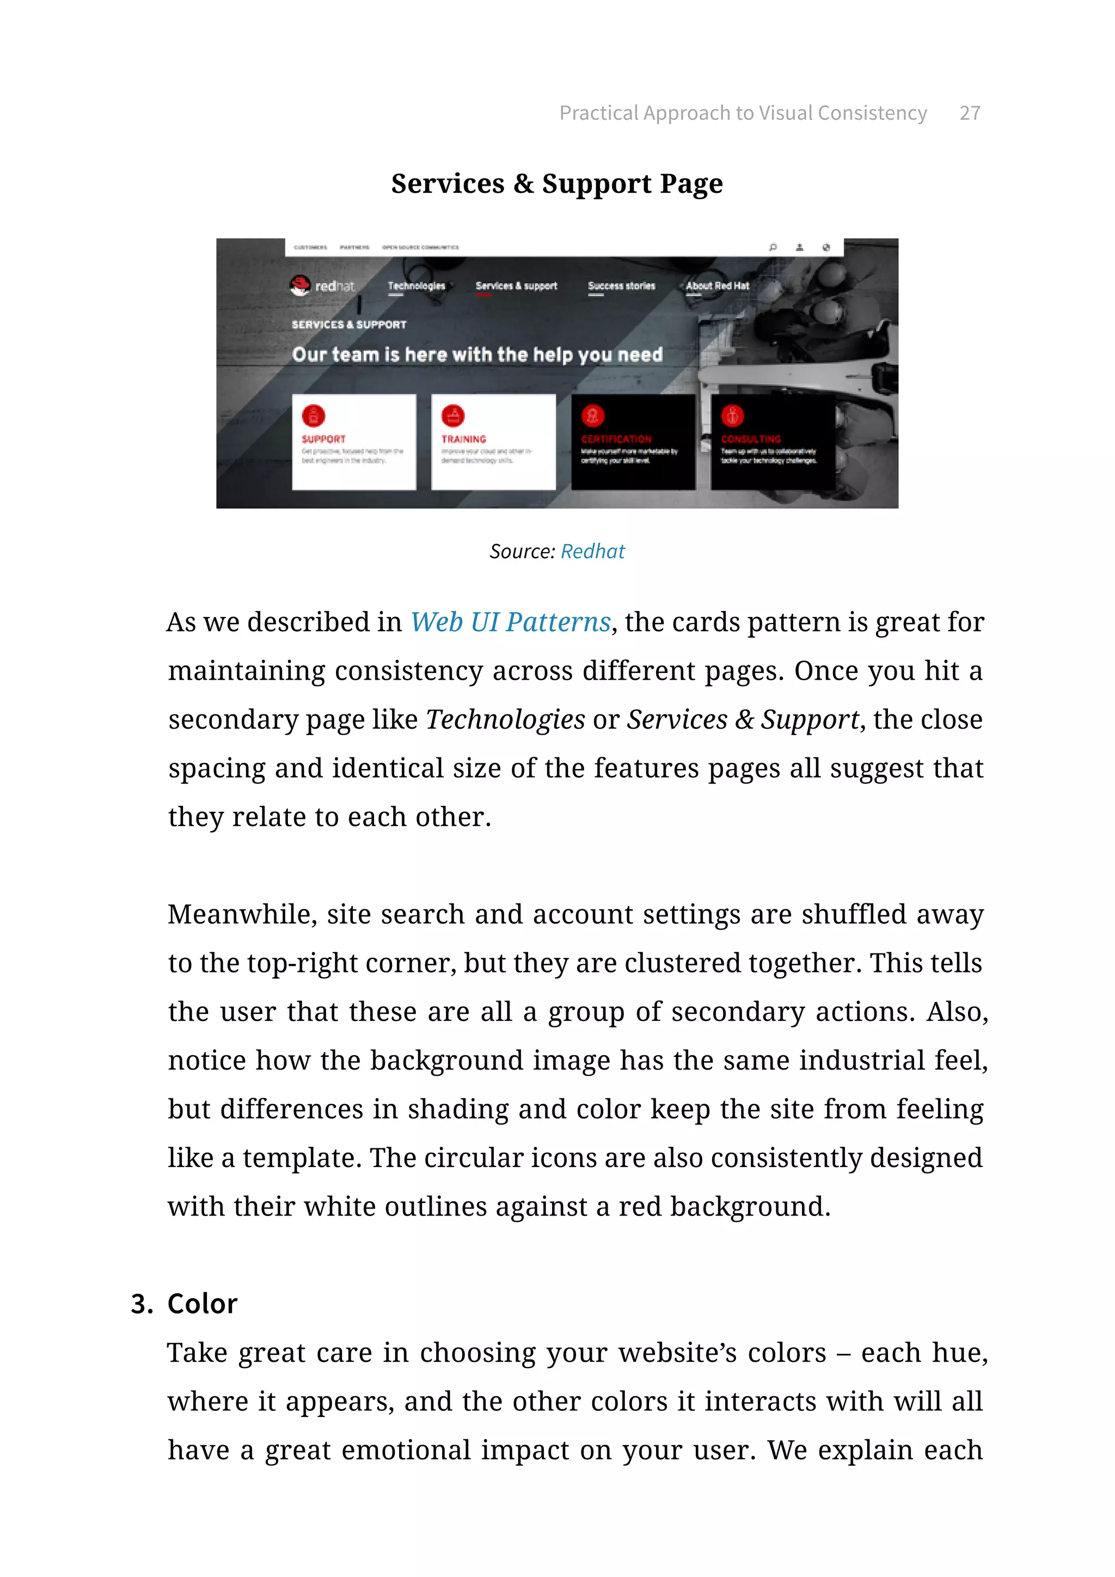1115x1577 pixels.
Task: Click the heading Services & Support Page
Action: click(557, 184)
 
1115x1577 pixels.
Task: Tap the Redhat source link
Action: click(592, 552)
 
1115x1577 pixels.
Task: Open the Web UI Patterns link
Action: click(510, 622)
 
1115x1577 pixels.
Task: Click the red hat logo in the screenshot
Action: click(300, 285)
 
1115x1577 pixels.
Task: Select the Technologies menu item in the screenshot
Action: click(416, 286)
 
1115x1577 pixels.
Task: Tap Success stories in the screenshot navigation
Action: click(621, 286)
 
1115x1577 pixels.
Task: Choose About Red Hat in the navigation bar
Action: click(717, 286)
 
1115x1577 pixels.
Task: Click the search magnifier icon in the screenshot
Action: click(773, 247)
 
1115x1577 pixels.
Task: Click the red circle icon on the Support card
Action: click(313, 415)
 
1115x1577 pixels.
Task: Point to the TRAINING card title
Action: click(463, 439)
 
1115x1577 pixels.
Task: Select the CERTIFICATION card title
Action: click(616, 439)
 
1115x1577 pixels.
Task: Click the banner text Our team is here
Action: click(476, 355)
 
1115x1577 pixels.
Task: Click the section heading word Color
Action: click(202, 1304)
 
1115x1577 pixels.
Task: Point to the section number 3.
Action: click(141, 1304)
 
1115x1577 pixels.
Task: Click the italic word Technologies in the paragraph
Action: click(505, 720)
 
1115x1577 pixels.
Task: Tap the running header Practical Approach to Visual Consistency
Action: click(742, 113)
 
